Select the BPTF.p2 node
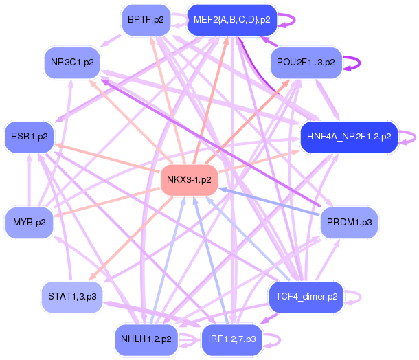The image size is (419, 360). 145,20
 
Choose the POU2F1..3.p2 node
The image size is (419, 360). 305,63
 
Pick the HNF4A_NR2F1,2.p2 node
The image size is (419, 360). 349,136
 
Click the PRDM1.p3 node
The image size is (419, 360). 349,223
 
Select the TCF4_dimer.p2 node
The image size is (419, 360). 306,297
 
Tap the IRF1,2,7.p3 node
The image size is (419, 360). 231,339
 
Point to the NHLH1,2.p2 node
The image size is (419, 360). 146,339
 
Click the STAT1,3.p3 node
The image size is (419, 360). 71,297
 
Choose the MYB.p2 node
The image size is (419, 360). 29,223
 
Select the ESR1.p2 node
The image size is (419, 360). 29,136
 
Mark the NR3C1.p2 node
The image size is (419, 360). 71,63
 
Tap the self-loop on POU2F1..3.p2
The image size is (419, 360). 359,63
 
